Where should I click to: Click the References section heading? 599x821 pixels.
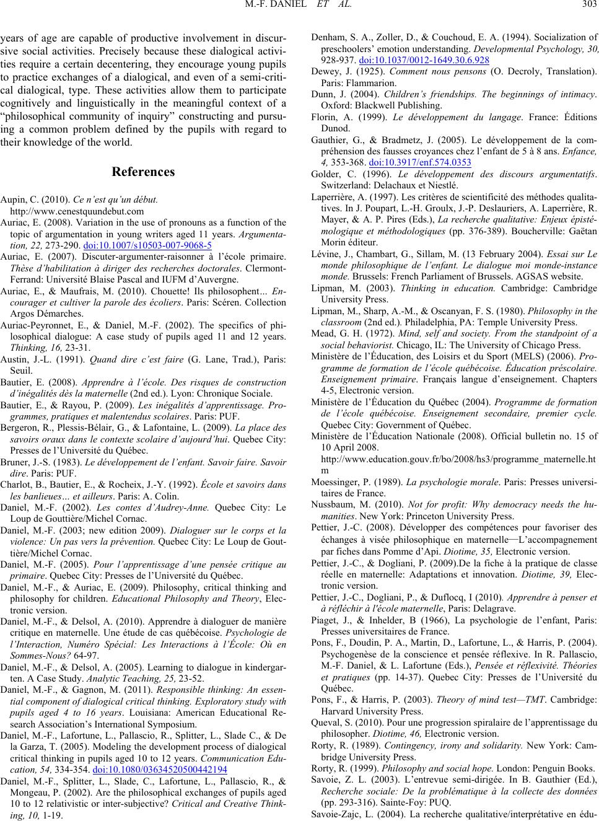pos(144,171)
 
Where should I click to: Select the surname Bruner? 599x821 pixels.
pos(14,462)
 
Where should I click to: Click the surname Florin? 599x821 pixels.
pos(323,116)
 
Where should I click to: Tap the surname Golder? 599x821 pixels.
pos(324,173)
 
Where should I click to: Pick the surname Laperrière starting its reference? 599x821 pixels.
pos(331,197)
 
